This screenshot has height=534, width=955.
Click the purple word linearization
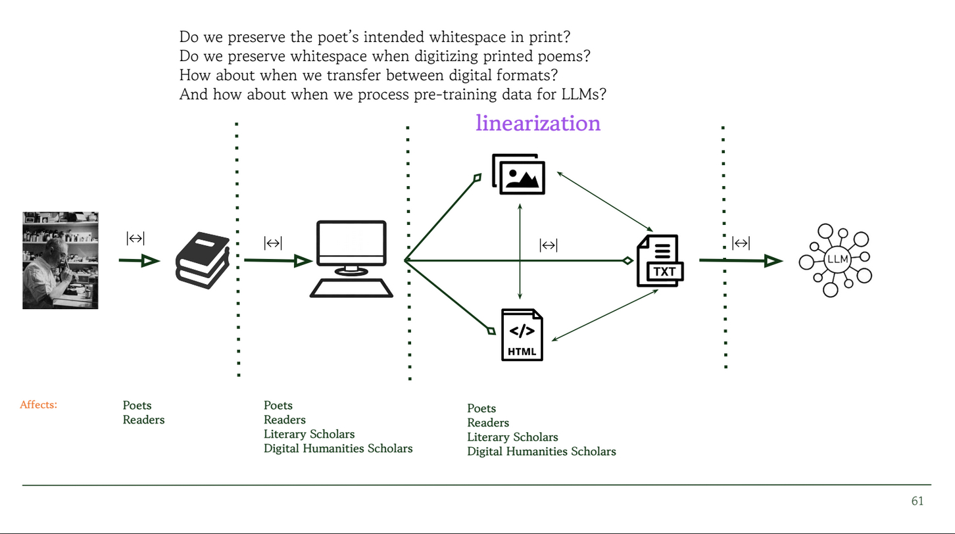point(538,123)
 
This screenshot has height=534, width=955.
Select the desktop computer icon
point(351,259)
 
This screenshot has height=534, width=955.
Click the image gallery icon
point(518,173)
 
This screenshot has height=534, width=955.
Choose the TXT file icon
point(660,260)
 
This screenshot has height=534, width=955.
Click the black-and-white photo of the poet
point(61,260)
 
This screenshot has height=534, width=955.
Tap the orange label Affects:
point(38,404)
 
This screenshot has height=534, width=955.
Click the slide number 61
point(918,501)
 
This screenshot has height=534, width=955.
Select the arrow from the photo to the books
point(139,261)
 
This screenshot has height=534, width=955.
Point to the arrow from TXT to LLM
point(740,261)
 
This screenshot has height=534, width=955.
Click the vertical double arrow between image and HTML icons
point(520,251)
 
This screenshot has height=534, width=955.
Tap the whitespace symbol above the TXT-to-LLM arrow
point(741,243)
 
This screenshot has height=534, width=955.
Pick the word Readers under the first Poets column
point(143,420)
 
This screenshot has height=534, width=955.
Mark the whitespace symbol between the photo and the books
point(135,238)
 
